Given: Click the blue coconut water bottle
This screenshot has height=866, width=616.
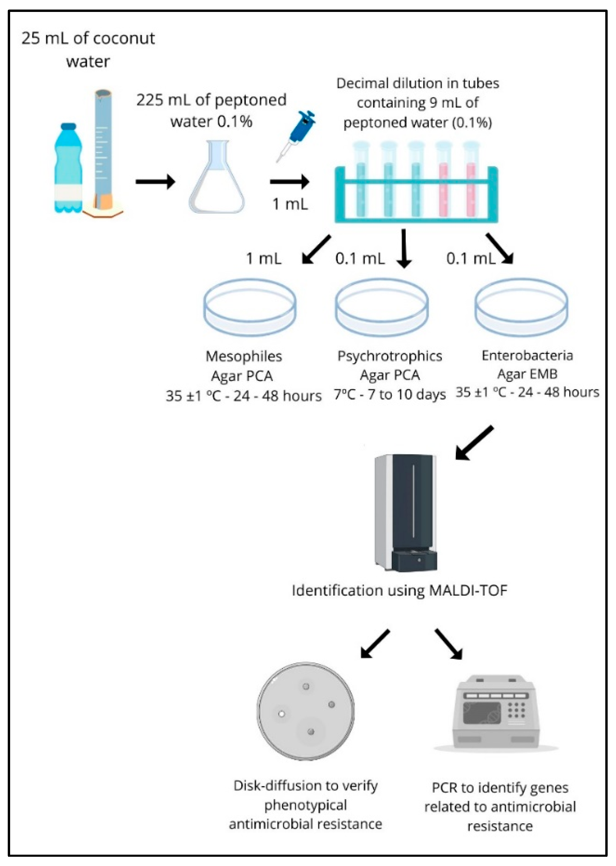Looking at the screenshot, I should [x=68, y=169].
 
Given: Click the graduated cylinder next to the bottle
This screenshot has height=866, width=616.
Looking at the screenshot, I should [x=103, y=152].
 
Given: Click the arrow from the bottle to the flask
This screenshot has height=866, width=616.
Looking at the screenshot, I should [x=155, y=182].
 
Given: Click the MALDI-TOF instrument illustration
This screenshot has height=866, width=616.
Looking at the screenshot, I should [x=406, y=513].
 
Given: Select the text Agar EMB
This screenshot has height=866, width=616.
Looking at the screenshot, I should [x=527, y=374].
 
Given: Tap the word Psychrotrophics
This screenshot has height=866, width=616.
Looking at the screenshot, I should [x=390, y=356].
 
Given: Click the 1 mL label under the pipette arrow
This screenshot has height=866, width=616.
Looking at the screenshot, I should [x=290, y=204].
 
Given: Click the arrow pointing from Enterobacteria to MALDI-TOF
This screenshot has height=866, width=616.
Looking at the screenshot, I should [x=474, y=443].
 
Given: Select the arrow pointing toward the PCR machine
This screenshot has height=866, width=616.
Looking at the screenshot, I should [x=449, y=644].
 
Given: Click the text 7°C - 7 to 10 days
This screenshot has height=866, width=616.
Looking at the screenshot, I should [x=390, y=395].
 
